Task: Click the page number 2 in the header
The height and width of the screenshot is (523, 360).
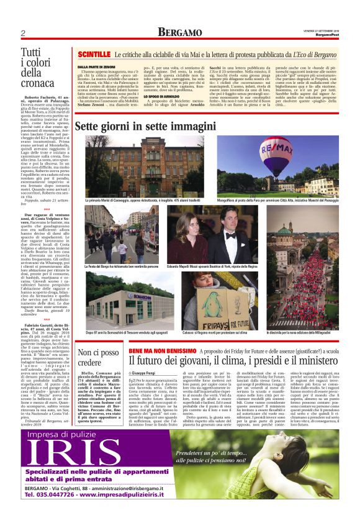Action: click(x=22, y=33)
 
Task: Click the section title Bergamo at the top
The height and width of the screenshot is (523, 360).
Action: click(x=179, y=32)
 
